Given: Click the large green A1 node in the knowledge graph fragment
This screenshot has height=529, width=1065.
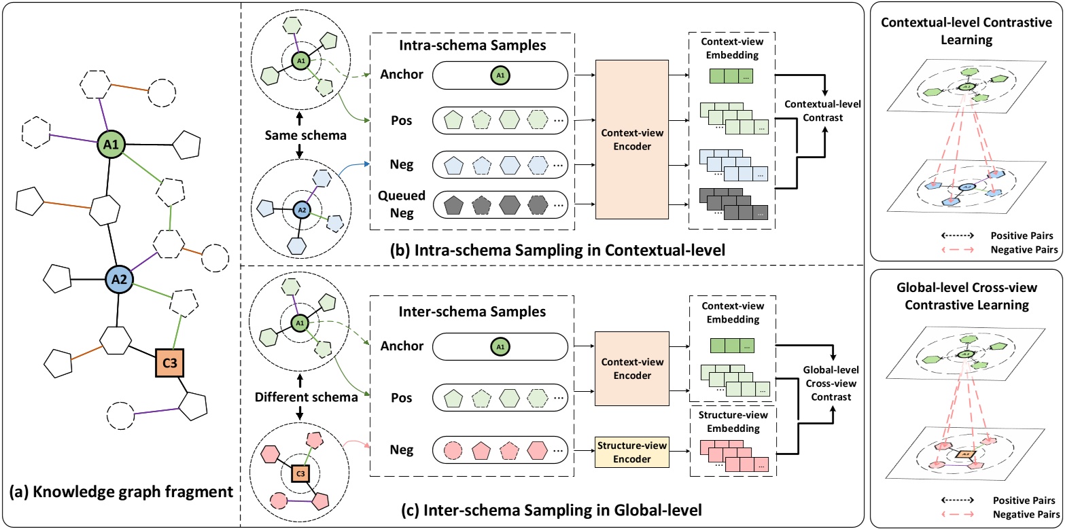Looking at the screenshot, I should coord(111,144).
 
